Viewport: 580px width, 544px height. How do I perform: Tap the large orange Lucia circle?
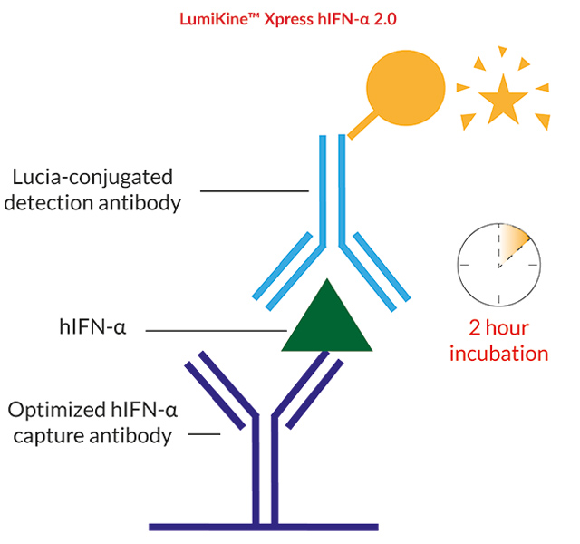coord(406,88)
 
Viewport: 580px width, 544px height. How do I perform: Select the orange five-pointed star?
coord(503,99)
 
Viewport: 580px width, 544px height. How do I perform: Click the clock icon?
coord(499,265)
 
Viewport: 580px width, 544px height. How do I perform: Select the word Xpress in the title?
coord(289,20)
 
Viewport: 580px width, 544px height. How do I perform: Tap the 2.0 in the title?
coord(385,19)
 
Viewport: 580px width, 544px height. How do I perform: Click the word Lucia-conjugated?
coord(92,178)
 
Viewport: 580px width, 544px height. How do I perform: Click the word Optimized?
coord(56,411)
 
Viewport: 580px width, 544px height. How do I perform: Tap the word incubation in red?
coord(498,354)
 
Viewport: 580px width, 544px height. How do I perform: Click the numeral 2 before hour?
coord(475,328)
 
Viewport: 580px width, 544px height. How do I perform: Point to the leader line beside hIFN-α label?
coord(217,330)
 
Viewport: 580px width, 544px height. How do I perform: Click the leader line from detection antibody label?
coord(255,191)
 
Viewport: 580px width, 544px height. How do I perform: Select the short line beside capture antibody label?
coord(205,434)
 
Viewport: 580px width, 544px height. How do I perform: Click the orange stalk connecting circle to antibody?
coord(362,125)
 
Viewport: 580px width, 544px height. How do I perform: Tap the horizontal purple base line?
coord(264,528)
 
